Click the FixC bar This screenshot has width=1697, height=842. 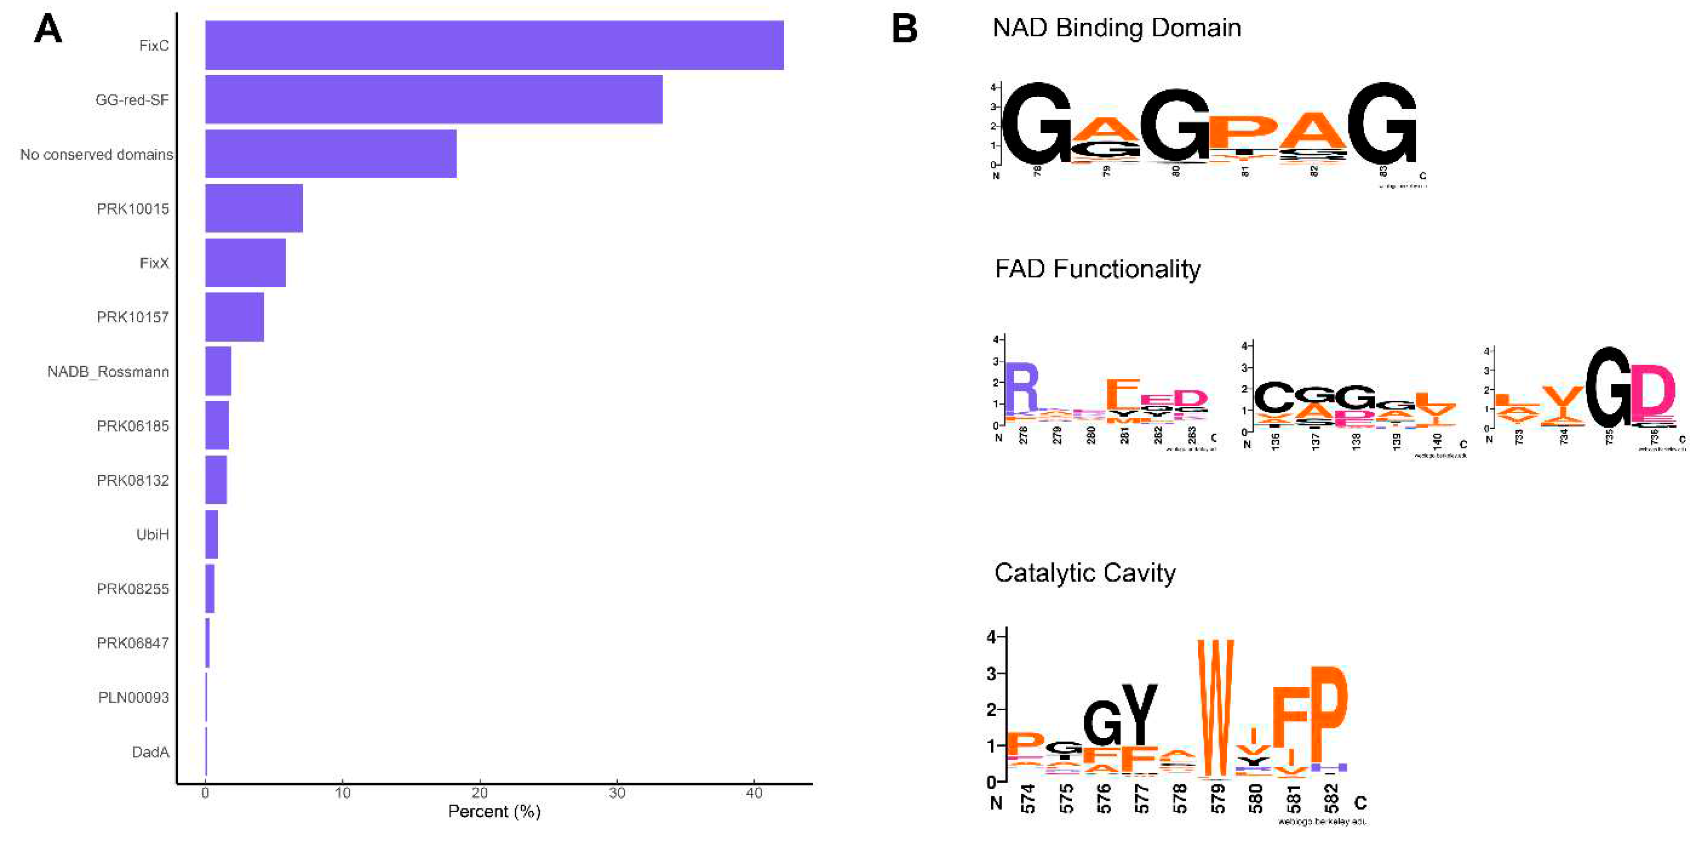coord(494,45)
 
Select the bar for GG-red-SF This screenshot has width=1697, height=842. coord(433,100)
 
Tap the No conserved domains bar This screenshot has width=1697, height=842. coord(331,153)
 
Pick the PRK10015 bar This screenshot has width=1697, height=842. coord(254,208)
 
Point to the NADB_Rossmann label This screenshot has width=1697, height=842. coord(108,372)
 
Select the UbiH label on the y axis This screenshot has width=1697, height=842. coord(152,534)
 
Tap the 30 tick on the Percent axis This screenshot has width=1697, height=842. coord(616,793)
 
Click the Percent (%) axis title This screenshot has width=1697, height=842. coord(494,811)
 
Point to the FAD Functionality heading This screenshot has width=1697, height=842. coord(1097,269)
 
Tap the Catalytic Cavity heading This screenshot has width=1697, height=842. coord(1085,573)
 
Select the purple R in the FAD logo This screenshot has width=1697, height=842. coord(1021,388)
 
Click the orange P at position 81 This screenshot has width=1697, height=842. coord(1243,132)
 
